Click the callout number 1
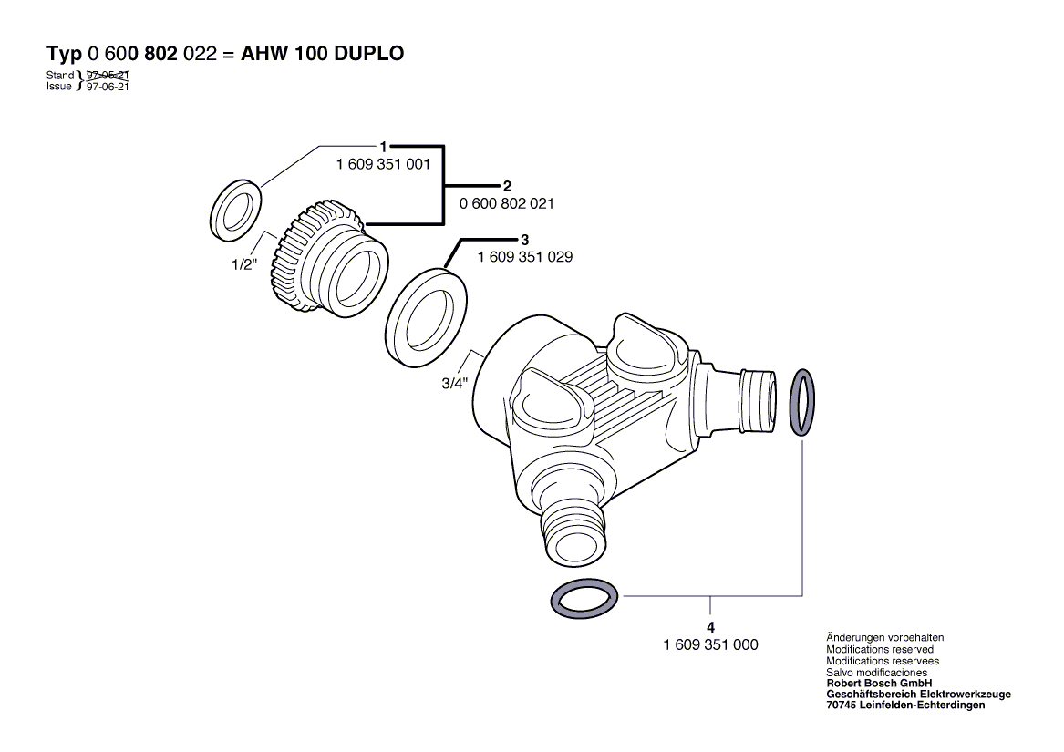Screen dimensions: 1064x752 [x=384, y=147]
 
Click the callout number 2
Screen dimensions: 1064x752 [x=507, y=186]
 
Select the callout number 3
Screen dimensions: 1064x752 [x=524, y=240]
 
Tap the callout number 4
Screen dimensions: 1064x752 [x=710, y=628]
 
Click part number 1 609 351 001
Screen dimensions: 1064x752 [x=384, y=164]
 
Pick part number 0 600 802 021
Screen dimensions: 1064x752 [x=507, y=203]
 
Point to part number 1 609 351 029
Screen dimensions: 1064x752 [x=525, y=257]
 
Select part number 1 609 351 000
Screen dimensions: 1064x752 [x=710, y=644]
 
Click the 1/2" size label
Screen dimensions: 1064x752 [x=244, y=264]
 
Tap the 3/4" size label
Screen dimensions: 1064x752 [x=455, y=384]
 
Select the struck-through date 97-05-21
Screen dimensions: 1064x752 [x=108, y=76]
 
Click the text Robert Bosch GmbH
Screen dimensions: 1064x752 [x=879, y=684]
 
